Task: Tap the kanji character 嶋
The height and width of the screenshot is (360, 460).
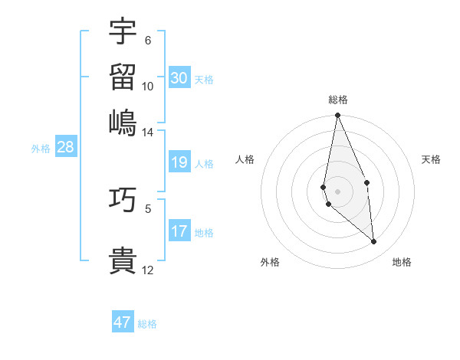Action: pos(123,122)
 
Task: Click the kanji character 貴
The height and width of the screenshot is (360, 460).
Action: pos(123,260)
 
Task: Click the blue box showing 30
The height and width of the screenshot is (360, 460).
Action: pos(179,78)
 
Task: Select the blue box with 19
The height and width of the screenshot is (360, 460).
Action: pos(179,162)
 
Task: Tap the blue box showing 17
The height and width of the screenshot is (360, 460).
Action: pos(179,232)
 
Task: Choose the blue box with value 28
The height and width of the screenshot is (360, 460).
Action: pos(65,148)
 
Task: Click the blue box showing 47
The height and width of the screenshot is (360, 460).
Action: pos(123,322)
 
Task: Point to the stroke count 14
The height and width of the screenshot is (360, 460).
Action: pos(147,133)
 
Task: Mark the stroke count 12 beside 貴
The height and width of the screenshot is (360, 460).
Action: pos(147,270)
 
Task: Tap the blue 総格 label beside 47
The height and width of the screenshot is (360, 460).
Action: pos(147,324)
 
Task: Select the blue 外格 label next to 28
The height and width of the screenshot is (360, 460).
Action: pos(41,149)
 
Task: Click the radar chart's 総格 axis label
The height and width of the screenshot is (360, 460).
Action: pos(338,100)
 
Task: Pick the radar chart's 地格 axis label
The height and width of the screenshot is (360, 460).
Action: pos(402,262)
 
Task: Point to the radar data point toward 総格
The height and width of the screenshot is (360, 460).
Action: pos(337,116)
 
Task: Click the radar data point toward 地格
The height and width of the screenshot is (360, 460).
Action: pos(374,241)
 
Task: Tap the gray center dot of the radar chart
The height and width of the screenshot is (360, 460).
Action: pos(337,191)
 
